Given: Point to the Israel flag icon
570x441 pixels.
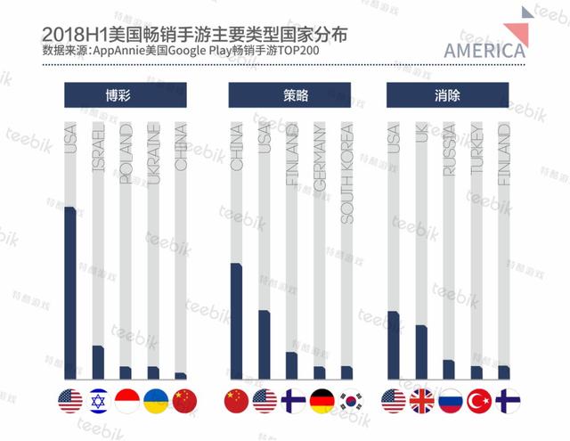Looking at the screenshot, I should point(99,401).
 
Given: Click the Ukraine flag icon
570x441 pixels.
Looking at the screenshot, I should point(155,401).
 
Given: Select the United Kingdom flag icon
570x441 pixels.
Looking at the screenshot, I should point(421,401).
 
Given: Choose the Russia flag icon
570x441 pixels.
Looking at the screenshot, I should point(449,401).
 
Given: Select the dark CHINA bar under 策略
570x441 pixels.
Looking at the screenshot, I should point(236,321).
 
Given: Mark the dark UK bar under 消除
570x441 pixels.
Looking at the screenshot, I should point(421,352).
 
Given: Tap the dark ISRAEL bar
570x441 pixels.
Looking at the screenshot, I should point(98,362).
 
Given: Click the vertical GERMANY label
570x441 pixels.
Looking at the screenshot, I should point(319,159).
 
